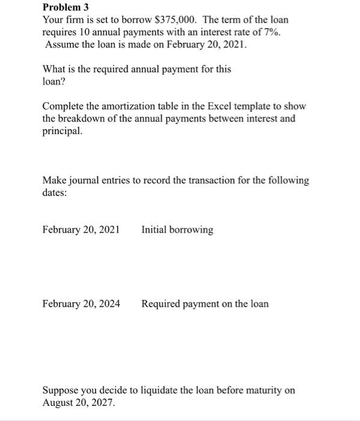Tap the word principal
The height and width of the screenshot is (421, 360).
[62, 131]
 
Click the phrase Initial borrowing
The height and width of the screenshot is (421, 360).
[177, 230]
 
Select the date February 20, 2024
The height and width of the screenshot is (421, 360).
[81, 304]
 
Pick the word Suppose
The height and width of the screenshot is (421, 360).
[59, 390]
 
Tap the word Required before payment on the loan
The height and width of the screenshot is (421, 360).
[162, 304]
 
